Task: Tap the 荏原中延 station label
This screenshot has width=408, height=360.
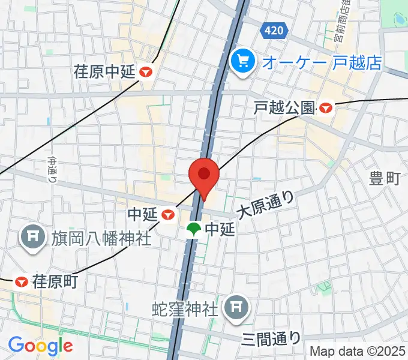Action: (105, 72)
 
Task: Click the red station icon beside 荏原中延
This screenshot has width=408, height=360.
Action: (146, 72)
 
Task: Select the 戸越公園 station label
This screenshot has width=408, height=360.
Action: (284, 108)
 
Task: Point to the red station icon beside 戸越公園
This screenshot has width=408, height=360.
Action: (326, 108)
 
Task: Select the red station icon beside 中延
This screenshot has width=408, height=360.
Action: (170, 214)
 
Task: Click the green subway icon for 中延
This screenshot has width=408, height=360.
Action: (194, 229)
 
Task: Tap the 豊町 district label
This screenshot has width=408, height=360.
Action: (385, 178)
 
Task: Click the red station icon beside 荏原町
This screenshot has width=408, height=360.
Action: (22, 281)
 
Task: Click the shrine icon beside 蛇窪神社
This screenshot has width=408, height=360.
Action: (234, 308)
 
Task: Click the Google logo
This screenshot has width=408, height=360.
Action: (40, 346)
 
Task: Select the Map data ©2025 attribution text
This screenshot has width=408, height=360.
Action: (358, 351)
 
